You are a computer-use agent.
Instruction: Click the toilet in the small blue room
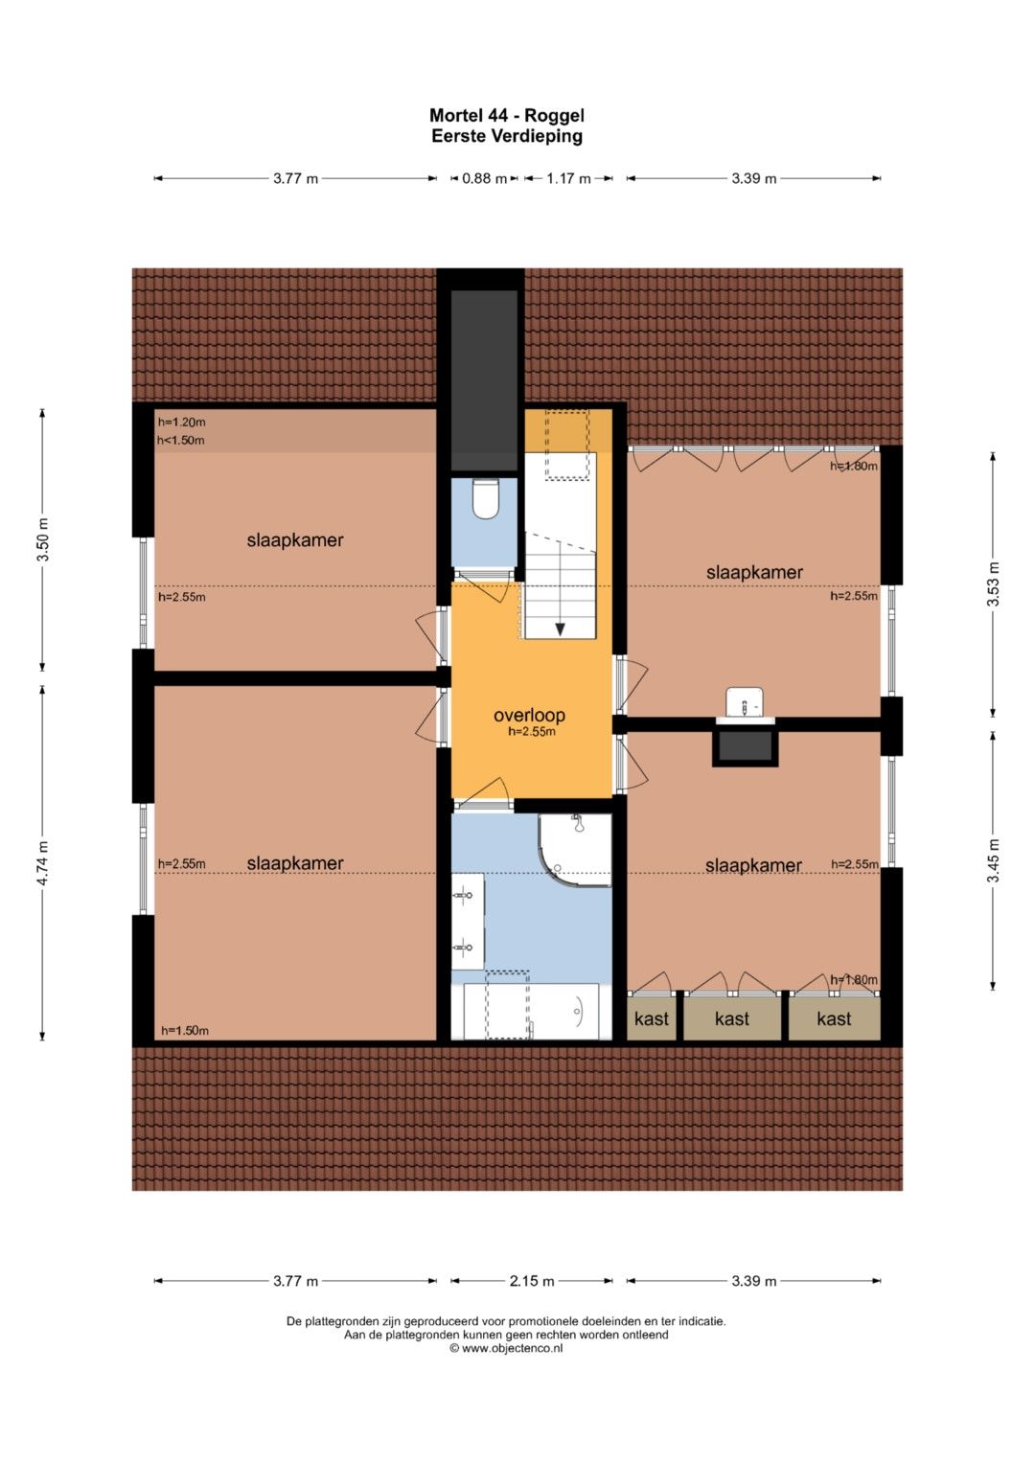485,498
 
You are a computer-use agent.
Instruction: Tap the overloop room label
529,715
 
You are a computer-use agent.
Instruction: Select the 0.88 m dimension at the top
484,178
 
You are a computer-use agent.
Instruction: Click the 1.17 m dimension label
568,178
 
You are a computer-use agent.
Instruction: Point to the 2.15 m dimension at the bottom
532,1281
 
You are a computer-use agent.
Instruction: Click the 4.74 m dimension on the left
42,862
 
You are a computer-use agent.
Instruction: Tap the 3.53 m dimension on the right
993,584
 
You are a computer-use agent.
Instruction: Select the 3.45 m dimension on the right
993,860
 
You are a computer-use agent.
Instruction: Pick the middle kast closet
732,1018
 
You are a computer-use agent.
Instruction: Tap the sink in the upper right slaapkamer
745,702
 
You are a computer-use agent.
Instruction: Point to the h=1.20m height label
182,422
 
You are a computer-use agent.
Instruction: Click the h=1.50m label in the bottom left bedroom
185,1031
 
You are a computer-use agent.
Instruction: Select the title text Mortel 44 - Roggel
506,116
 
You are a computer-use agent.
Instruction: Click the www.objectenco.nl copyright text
506,1347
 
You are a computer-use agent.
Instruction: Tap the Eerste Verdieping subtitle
506,136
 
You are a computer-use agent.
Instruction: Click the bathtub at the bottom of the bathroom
532,1012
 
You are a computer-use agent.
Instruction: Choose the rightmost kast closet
834,1018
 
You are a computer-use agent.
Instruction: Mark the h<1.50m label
181,440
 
